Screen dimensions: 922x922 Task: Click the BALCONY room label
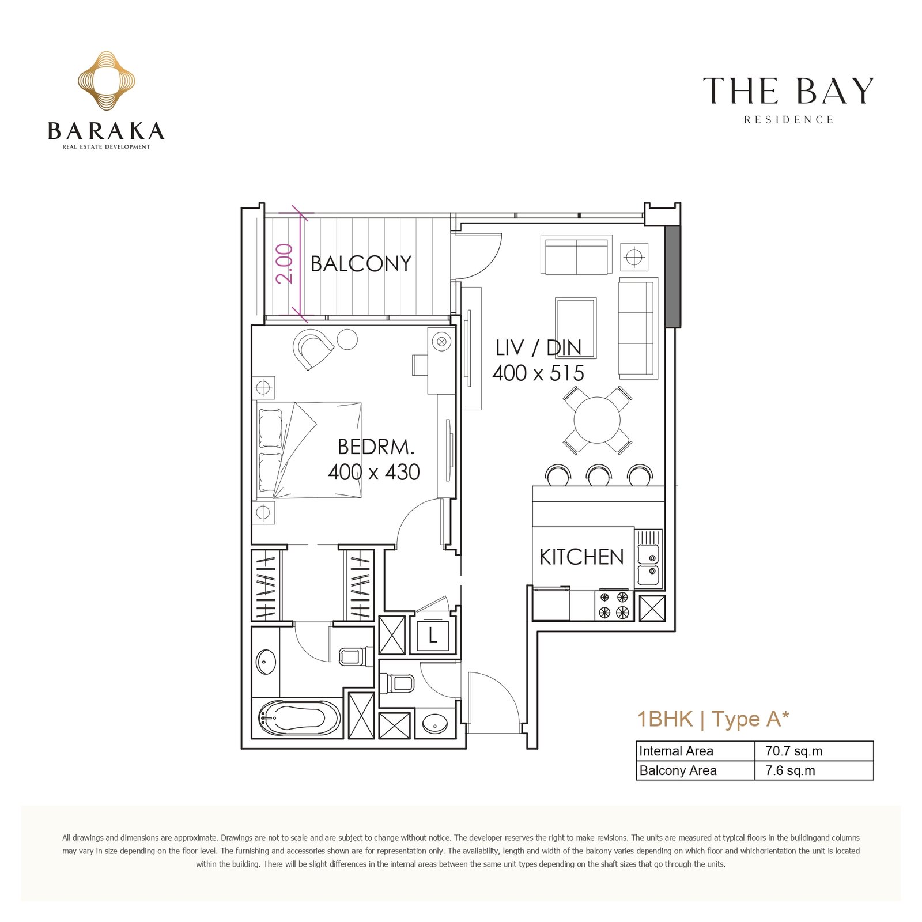click(x=361, y=264)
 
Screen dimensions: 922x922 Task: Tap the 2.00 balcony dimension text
click(x=285, y=263)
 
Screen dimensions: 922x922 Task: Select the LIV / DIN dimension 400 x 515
click(x=538, y=373)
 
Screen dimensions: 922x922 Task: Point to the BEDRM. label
click(x=376, y=447)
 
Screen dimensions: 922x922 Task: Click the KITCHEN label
click(x=581, y=557)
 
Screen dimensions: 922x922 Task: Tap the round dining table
click(x=598, y=420)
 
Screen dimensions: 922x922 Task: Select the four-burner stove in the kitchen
click(x=614, y=605)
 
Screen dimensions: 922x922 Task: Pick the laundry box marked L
click(x=432, y=636)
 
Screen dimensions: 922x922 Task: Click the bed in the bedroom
click(x=308, y=450)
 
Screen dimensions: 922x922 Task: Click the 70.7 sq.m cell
click(x=793, y=751)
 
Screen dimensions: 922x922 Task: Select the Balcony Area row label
click(x=678, y=771)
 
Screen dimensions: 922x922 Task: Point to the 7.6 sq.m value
click(x=790, y=771)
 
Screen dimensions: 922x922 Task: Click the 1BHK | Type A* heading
click(x=713, y=719)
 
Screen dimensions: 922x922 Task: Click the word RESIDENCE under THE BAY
click(x=788, y=120)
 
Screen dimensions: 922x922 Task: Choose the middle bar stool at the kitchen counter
click(x=599, y=475)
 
